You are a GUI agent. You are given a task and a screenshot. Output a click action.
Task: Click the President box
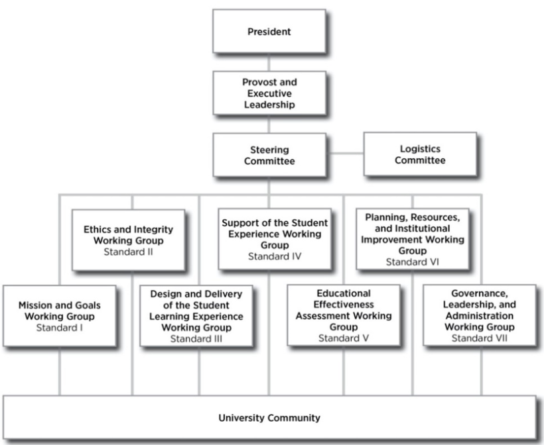pyautogui.click(x=269, y=31)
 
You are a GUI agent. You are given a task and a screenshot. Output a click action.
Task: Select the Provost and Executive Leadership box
pyautogui.click(x=269, y=93)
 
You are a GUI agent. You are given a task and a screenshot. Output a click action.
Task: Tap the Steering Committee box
pyautogui.click(x=269, y=155)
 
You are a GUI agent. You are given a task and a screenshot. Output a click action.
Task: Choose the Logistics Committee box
pyautogui.click(x=419, y=154)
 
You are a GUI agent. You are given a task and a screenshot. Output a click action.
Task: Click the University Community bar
pyautogui.click(x=269, y=419)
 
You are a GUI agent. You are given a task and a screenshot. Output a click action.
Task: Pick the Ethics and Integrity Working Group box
pyautogui.click(x=128, y=240)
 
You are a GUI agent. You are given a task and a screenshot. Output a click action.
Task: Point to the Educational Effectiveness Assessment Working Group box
pyautogui.click(x=343, y=315)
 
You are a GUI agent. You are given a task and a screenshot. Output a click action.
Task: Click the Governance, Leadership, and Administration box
pyautogui.click(x=479, y=315)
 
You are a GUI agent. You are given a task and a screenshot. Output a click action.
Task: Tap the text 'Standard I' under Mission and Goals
pyautogui.click(x=60, y=327)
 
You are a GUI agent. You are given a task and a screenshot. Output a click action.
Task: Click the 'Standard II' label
pyautogui.click(x=128, y=252)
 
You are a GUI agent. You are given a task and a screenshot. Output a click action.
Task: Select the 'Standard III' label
pyautogui.click(x=196, y=338)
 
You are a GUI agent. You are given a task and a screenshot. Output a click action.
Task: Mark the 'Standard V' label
pyautogui.click(x=343, y=338)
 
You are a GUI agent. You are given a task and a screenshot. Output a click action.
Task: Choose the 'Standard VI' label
pyautogui.click(x=412, y=262)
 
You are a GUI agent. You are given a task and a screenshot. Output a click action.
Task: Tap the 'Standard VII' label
pyautogui.click(x=479, y=338)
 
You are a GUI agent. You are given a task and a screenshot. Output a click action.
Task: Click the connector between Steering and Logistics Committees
pyautogui.click(x=345, y=154)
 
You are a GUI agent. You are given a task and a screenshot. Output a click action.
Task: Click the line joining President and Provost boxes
pyautogui.click(x=269, y=62)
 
